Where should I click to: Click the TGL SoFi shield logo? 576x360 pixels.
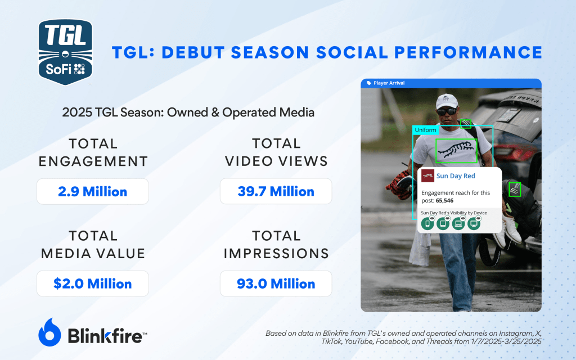coord(65,52)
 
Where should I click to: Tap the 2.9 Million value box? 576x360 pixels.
coord(93,191)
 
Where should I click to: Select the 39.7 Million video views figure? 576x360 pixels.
coord(276,191)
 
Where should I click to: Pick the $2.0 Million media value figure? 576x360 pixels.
coord(93,283)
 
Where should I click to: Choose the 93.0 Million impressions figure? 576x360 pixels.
coord(276,283)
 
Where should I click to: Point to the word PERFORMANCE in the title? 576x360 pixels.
coord(469,52)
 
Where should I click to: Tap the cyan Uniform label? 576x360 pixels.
coord(425,130)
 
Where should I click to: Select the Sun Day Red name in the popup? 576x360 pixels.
coord(456,176)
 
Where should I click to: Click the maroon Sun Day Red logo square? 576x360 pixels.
coord(427,176)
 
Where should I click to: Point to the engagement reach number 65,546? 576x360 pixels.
coord(444,201)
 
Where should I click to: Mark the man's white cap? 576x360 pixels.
coord(447,101)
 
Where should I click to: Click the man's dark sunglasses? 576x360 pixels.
coord(447,111)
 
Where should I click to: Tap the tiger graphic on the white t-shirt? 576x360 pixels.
coord(456,151)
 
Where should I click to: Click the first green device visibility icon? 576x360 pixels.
coord(427,223)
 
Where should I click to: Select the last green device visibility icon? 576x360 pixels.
coord(474,223)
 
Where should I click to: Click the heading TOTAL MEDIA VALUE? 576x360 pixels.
coord(93,244)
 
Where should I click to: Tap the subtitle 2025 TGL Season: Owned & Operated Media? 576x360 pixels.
coord(188,112)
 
